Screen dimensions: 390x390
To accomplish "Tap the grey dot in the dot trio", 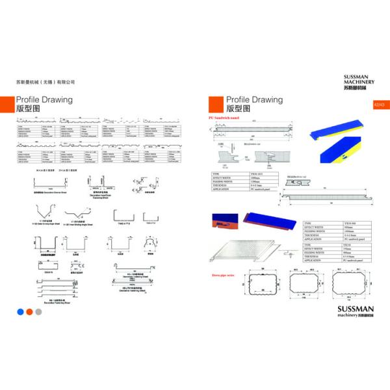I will (x=38, y=311).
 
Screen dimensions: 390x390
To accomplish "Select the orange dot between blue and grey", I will (x=29, y=311).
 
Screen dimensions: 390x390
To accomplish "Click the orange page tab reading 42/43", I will (x=380, y=103).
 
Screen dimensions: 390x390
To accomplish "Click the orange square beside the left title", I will (x=7, y=103).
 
